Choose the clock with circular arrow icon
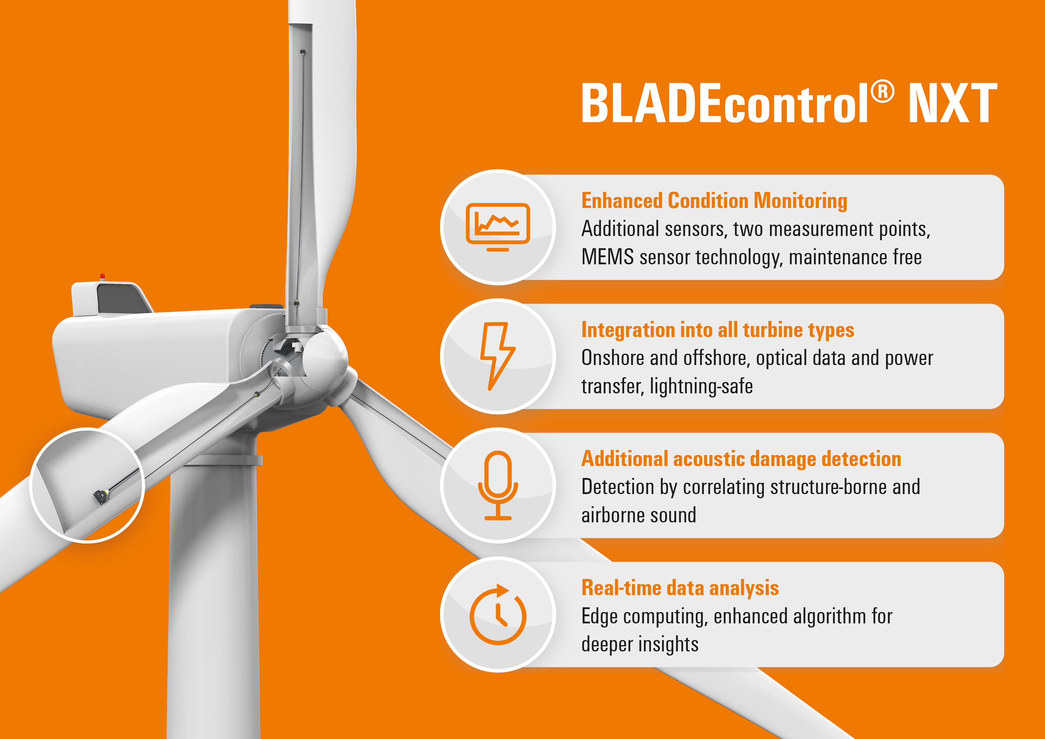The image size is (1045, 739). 498,614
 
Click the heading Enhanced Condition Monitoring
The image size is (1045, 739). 714,201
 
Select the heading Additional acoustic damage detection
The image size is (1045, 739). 741,459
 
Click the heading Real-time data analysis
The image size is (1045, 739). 680,588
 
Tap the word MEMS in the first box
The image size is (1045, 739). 608,257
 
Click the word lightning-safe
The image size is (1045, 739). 701,386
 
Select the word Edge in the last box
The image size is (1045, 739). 600,617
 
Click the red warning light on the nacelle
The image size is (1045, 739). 102,277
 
